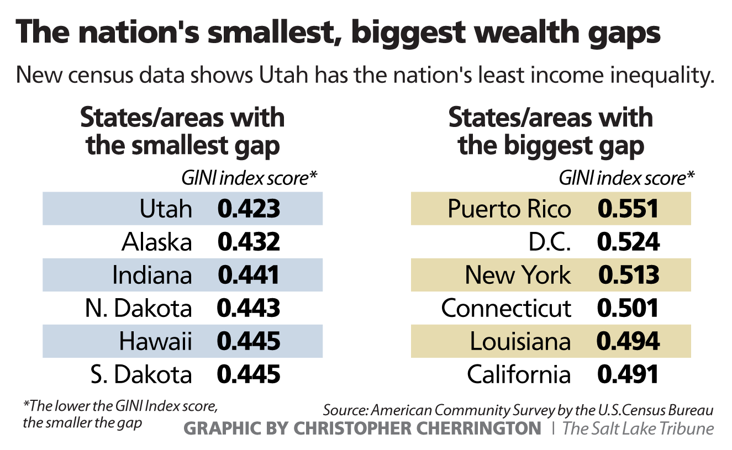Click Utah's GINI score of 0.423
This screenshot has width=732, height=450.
coord(249,209)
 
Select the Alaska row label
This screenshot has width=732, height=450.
coord(157,242)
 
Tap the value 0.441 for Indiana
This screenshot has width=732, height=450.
coord(249,275)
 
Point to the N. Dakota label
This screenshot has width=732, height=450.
coord(139,308)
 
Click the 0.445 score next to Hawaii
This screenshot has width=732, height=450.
coord(249,341)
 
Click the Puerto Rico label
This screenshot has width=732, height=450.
coord(509,209)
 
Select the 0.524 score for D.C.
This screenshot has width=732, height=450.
coord(628,242)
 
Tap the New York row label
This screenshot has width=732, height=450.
coord(518,275)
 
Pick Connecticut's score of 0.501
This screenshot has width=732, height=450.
coord(628,308)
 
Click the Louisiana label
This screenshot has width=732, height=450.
coord(520,341)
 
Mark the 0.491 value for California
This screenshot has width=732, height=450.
coord(628,374)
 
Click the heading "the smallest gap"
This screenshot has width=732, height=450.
coord(183,146)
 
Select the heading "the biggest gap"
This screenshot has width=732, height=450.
coord(551,146)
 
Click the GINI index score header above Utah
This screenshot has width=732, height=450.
coord(250,178)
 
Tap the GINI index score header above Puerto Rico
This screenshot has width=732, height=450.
coord(626,178)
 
